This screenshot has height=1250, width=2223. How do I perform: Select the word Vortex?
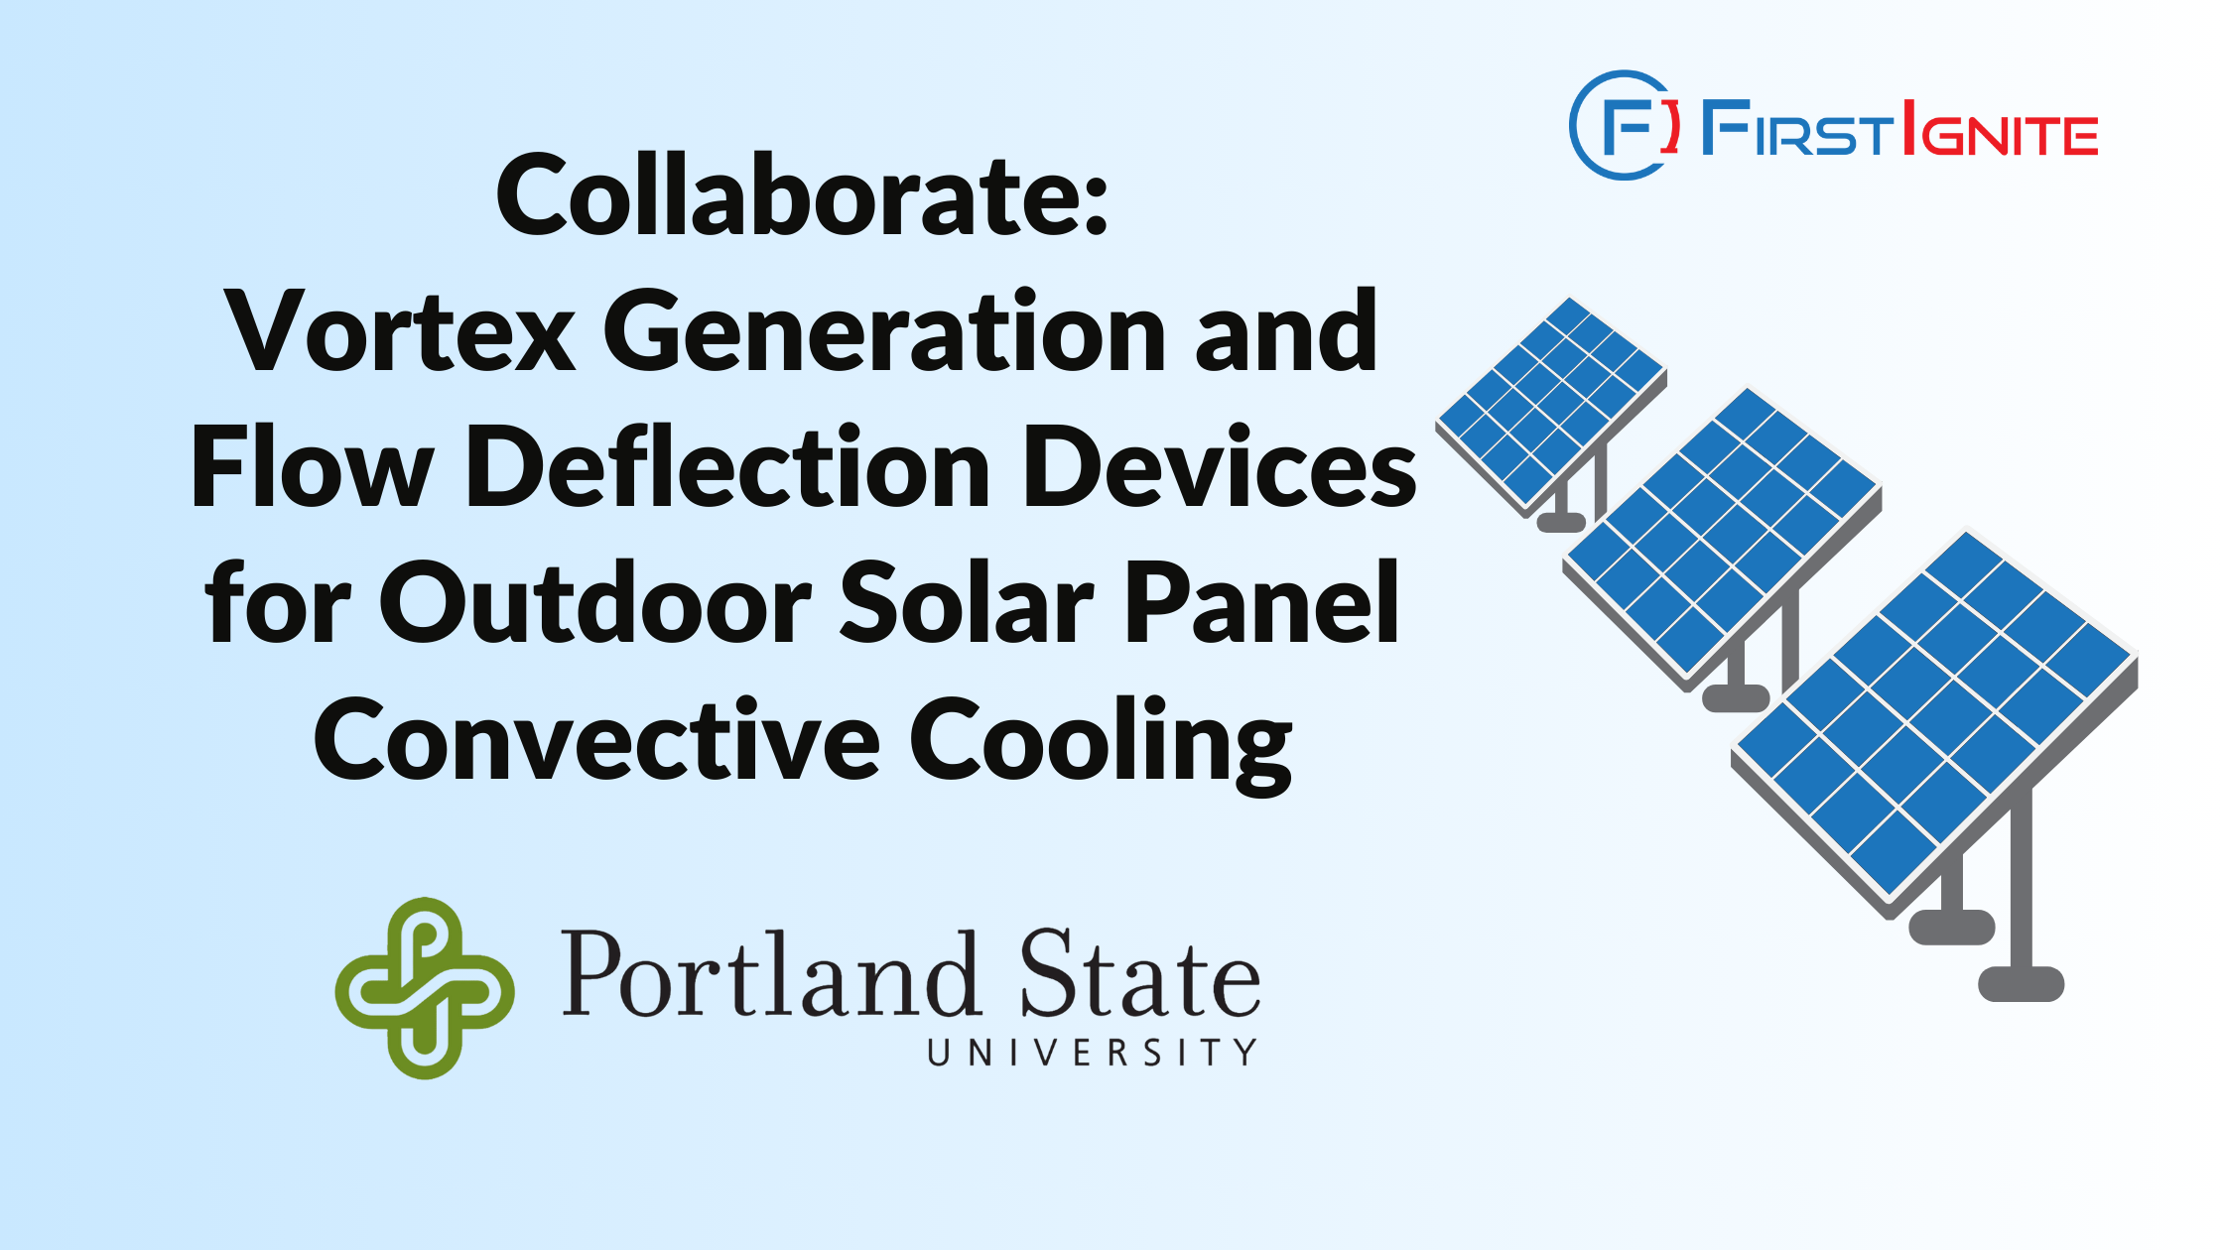pyautogui.click(x=400, y=331)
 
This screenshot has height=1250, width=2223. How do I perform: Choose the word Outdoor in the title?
pyautogui.click(x=595, y=601)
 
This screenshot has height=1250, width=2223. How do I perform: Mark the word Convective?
pyautogui.click(x=596, y=738)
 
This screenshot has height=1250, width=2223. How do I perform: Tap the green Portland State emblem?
pyautogui.click(x=425, y=988)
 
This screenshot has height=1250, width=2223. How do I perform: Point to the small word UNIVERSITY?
pyautogui.click(x=1093, y=1052)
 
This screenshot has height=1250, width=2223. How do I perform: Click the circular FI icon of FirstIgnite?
pyautogui.click(x=1625, y=125)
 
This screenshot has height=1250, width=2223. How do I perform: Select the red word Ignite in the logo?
pyautogui.click(x=2001, y=128)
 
